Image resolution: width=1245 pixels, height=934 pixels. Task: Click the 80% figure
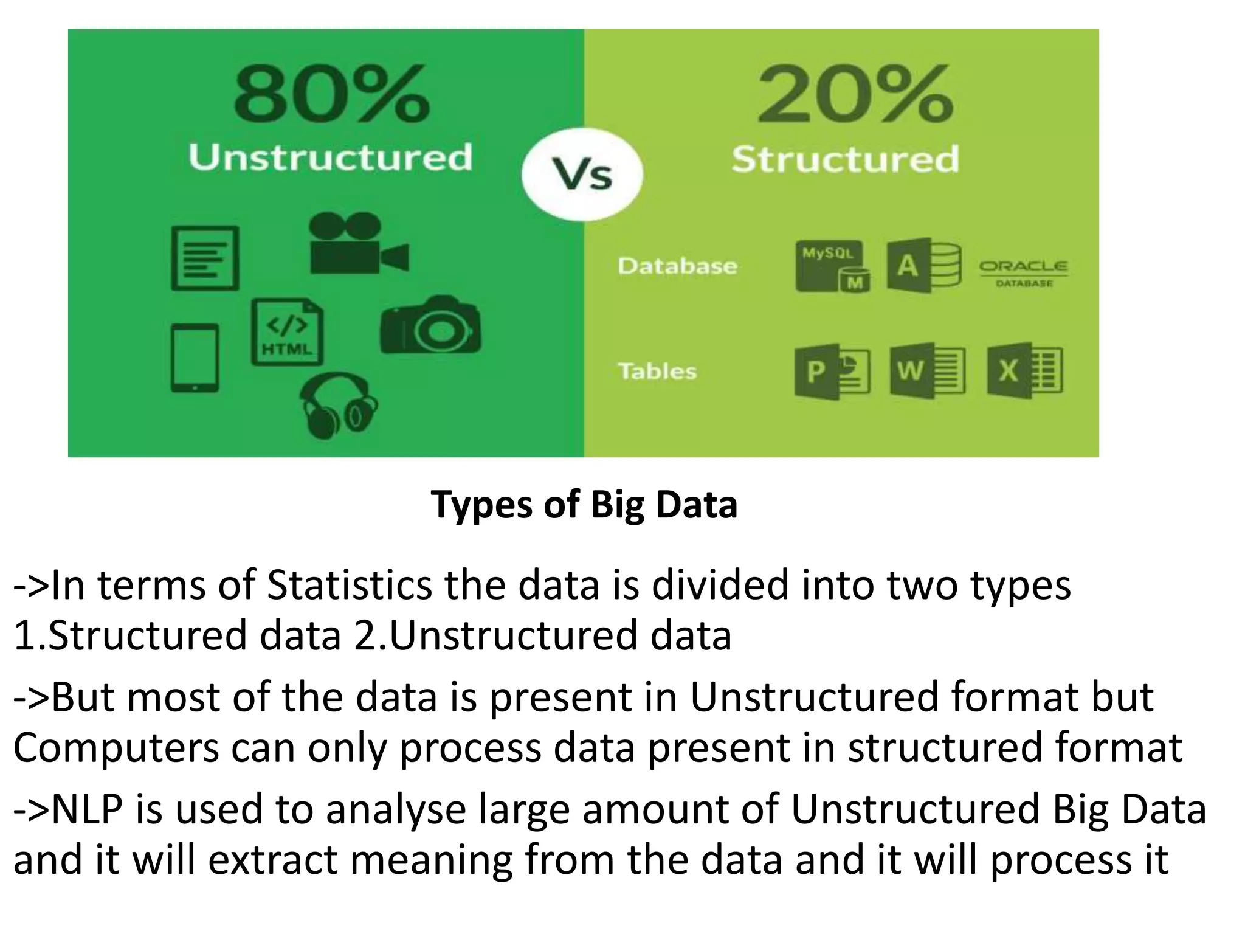[332, 95]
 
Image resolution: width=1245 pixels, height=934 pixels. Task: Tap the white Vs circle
[582, 175]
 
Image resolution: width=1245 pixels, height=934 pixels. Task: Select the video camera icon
[357, 244]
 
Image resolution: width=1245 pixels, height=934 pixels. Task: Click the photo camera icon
[430, 326]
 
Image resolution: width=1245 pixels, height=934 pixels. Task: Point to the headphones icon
[338, 404]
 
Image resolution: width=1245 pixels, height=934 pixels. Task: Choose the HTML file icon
[287, 332]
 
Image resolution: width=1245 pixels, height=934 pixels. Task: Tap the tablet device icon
[195, 358]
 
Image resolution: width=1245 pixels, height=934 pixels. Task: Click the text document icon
[205, 258]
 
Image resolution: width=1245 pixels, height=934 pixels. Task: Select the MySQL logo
[832, 266]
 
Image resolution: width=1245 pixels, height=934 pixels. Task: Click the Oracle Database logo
[1023, 272]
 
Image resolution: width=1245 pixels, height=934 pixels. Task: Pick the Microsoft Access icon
[923, 266]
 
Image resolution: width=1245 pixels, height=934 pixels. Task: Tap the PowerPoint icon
[832, 371]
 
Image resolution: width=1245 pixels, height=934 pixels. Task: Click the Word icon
[926, 371]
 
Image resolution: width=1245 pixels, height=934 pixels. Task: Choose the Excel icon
[1024, 371]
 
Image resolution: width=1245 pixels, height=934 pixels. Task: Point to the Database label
[677, 266]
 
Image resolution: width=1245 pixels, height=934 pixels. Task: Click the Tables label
[657, 371]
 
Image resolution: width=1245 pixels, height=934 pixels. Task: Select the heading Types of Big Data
[584, 505]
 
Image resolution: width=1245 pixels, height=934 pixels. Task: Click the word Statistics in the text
[350, 586]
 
